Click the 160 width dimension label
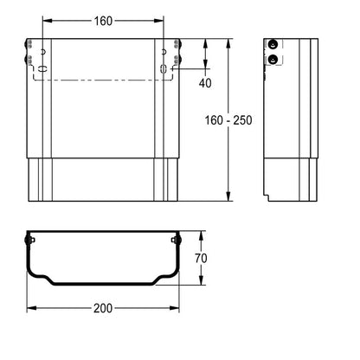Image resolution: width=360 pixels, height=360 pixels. point(103,21)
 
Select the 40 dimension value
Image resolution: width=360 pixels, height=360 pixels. point(205,83)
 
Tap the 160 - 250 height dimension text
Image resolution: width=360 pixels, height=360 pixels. point(228,120)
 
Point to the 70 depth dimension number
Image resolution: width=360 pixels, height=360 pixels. point(201,258)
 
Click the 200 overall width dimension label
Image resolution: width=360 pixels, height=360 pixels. point(103,308)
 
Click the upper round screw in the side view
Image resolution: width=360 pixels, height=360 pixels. point(273,44)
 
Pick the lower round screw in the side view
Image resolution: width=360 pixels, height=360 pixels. point(273,60)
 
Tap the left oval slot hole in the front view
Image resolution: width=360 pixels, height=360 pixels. point(42,68)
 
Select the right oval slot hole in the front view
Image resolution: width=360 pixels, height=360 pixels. point(164,68)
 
